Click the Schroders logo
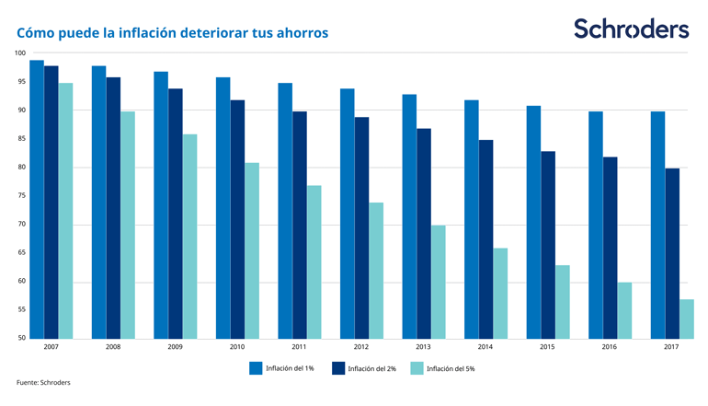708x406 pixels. tap(631, 29)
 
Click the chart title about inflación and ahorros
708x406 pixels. tap(172, 33)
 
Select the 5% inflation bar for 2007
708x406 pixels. tap(65, 211)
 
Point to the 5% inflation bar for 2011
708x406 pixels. tap(314, 262)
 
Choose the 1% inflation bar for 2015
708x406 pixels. tap(533, 222)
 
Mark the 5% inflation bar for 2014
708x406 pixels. tap(500, 293)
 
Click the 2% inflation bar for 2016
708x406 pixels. tap(611, 248)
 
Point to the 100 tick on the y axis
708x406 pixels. tap(20, 53)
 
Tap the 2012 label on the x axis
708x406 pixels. tap(361, 348)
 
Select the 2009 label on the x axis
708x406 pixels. tap(175, 348)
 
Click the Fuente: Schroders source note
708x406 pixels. tap(43, 382)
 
